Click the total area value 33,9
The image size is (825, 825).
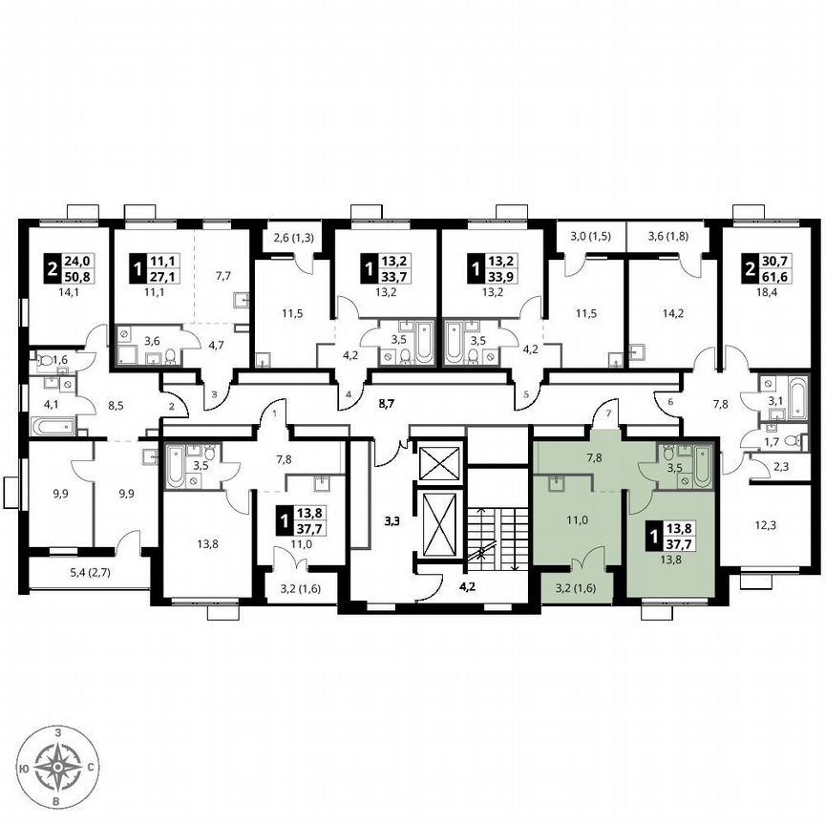[505, 278]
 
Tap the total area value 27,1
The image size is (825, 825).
[166, 278]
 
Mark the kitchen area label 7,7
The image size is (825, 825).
[222, 276]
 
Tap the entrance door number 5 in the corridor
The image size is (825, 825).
[524, 393]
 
